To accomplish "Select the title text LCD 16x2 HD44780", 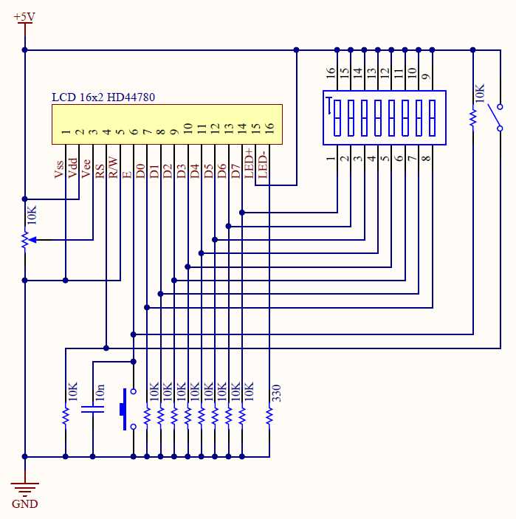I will pyautogui.click(x=103, y=97).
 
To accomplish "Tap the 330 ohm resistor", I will pyautogui.click(x=269, y=417).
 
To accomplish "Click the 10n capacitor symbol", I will pyautogui.click(x=93, y=410).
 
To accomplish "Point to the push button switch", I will pyautogui.click(x=127, y=408).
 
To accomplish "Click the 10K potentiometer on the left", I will pyautogui.click(x=25, y=240).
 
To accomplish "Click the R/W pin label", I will pyautogui.click(x=113, y=168).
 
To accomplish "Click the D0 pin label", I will pyautogui.click(x=140, y=171).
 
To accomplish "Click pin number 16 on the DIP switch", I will pyautogui.click(x=331, y=73).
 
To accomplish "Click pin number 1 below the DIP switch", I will pyautogui.click(x=331, y=158).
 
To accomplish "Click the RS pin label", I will pyautogui.click(x=100, y=171).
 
